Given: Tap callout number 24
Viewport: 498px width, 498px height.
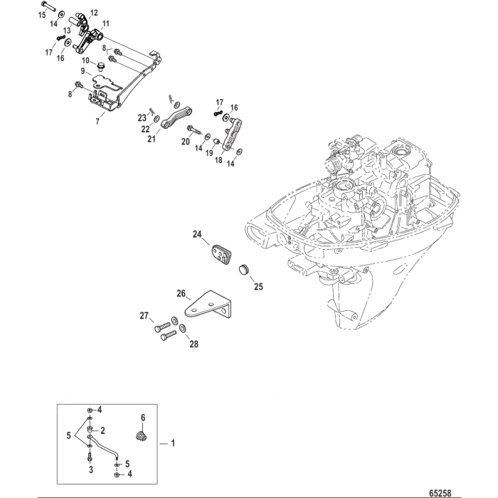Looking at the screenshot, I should (x=197, y=233).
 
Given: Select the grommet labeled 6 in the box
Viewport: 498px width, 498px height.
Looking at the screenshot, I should (x=141, y=436).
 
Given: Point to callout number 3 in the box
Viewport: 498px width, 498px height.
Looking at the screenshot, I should (x=90, y=470).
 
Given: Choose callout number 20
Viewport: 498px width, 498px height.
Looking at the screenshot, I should (x=186, y=142).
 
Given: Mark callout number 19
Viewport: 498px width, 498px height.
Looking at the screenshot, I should (x=211, y=152).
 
